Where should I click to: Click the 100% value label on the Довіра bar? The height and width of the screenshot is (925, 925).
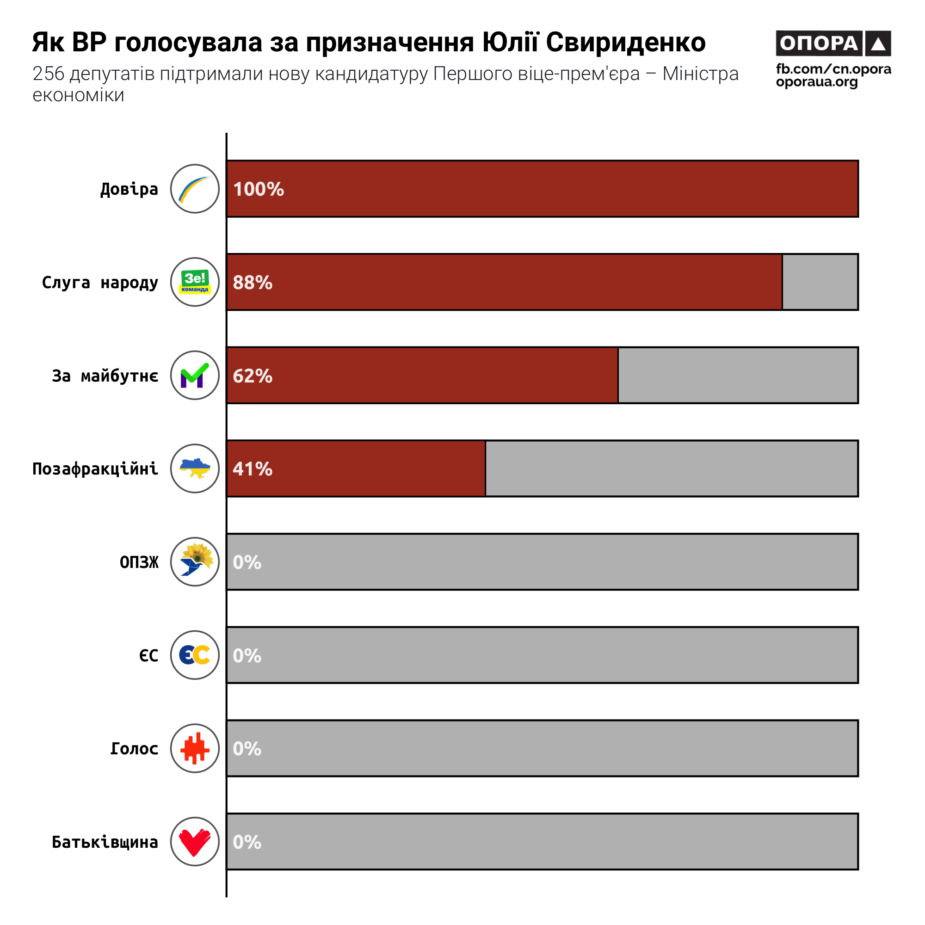[x=259, y=189]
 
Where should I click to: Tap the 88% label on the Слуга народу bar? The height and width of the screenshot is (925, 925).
[x=253, y=283]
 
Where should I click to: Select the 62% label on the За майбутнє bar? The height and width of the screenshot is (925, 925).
[x=253, y=376]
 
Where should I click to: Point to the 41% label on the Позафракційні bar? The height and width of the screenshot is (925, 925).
[x=253, y=469]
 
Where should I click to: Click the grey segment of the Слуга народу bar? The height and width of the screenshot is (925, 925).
[x=820, y=282]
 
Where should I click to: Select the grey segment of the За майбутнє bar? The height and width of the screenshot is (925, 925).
[x=737, y=376]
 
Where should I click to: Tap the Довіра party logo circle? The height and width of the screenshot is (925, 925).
[x=195, y=189]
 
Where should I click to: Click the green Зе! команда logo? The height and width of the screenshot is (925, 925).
[x=195, y=282]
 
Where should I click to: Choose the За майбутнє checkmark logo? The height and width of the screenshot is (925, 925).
[x=195, y=376]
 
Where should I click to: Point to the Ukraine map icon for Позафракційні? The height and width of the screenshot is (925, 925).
[x=195, y=468]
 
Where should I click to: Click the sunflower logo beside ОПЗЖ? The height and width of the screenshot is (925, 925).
[x=195, y=561]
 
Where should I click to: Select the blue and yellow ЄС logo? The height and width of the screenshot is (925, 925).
[x=195, y=655]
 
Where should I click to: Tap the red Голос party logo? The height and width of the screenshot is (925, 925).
[x=195, y=748]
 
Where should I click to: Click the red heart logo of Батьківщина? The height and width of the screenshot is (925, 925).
[x=195, y=842]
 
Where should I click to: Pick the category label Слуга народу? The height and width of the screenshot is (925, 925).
[x=100, y=283]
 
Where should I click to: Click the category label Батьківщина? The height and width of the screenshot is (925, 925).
[x=105, y=842]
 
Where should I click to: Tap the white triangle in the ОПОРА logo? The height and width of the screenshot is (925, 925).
[x=878, y=43]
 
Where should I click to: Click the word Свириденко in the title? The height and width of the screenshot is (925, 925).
[x=625, y=42]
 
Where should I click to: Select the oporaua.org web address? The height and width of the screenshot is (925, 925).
[x=816, y=82]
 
